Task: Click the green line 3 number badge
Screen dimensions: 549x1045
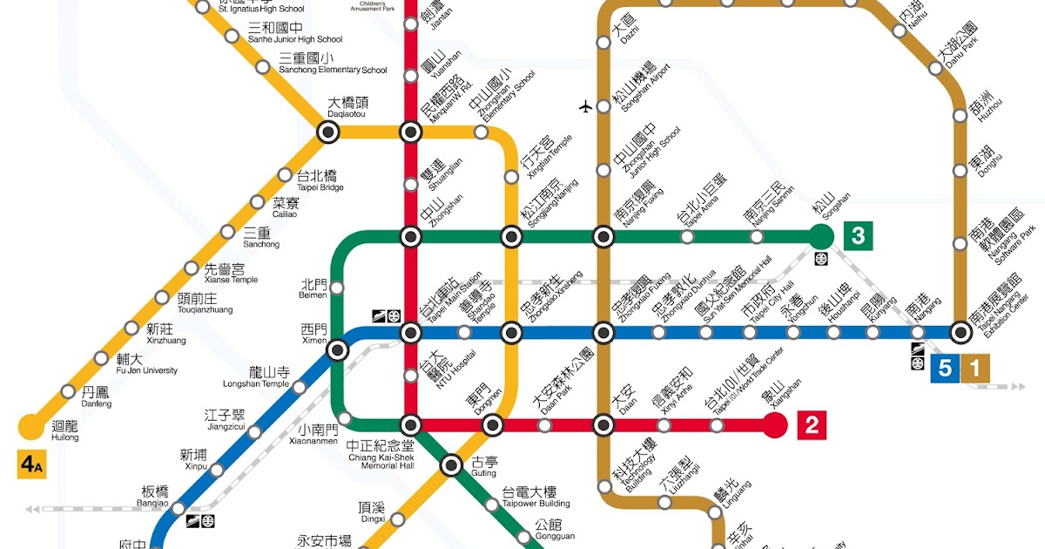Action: [858, 235]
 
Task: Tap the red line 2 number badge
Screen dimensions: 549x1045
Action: [811, 425]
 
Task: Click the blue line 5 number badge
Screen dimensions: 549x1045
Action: [945, 369]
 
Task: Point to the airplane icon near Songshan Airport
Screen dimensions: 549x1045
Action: [585, 106]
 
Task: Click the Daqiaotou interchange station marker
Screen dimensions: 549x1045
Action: [328, 132]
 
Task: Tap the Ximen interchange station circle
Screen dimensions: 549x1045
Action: [337, 349]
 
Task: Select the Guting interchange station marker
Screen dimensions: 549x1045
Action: [451, 466]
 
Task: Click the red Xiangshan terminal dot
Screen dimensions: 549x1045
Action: [774, 425]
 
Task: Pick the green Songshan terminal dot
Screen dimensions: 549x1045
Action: [820, 235]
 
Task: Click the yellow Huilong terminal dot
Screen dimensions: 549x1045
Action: [31, 426]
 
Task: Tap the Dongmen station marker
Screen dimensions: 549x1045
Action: [493, 425]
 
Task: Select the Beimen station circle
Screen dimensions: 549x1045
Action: [337, 288]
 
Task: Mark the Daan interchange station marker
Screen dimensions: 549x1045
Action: [603, 425]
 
